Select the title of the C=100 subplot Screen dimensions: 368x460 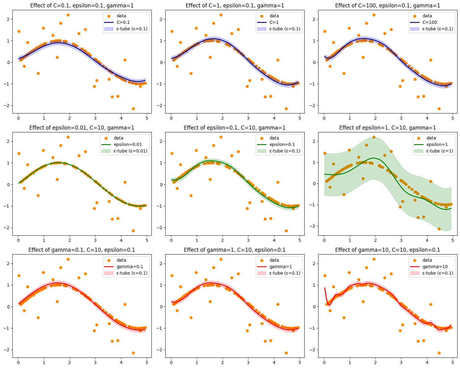tap(388, 6)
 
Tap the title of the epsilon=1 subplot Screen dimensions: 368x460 tap(388, 128)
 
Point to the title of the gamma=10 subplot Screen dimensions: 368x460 tap(388, 250)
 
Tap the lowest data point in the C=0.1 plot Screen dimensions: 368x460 tap(133, 109)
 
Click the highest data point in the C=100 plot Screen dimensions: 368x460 tap(374, 15)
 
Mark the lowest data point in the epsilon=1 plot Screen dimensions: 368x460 tap(439, 229)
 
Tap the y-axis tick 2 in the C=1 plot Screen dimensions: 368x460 tap(162, 19)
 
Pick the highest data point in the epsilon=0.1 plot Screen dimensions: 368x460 tap(221, 137)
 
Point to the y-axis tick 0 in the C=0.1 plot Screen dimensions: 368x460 tap(9, 62)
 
